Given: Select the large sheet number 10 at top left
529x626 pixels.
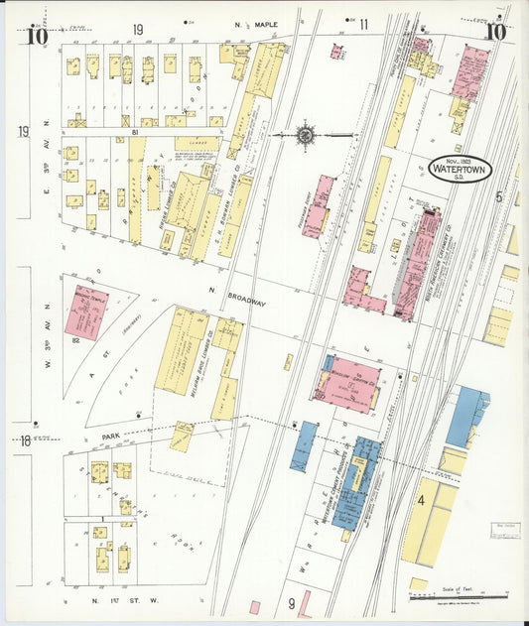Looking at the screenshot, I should pyautogui.click(x=38, y=37).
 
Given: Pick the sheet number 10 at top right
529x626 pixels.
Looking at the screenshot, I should pyautogui.click(x=495, y=31).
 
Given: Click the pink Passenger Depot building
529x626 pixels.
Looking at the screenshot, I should pyautogui.click(x=318, y=204).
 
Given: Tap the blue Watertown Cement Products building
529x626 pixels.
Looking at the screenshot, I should pyautogui.click(x=355, y=483).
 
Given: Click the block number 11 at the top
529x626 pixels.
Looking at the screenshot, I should pyautogui.click(x=363, y=24).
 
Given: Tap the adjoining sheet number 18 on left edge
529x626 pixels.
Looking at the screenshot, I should pyautogui.click(x=25, y=439).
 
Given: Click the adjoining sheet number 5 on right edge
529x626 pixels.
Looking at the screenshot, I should pyautogui.click(x=500, y=196).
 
